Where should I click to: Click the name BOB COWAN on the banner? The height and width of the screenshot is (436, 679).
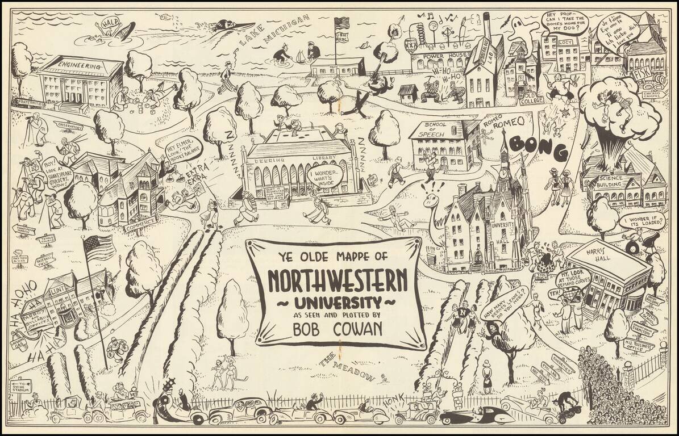click(x=336, y=328)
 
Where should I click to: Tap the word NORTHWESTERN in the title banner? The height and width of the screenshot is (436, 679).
click(x=337, y=279)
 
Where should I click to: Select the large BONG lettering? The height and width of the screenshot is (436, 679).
click(x=538, y=147)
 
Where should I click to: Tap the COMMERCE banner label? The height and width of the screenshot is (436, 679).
click(x=139, y=225)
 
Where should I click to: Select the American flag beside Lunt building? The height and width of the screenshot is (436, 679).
click(x=99, y=248)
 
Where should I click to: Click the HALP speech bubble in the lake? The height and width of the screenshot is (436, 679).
click(x=109, y=24)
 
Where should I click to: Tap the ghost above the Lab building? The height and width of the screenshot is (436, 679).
click(x=517, y=27)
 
